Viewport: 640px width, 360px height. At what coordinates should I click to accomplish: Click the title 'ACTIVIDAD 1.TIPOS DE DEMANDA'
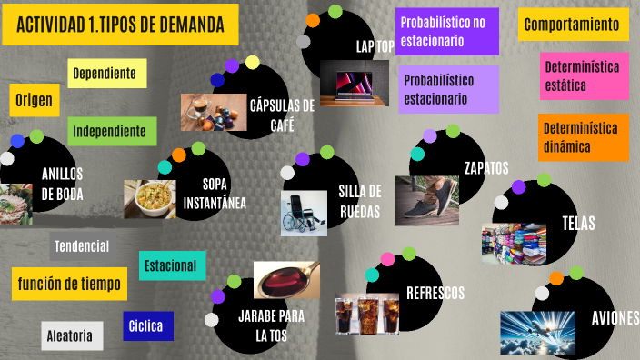tap(121, 25)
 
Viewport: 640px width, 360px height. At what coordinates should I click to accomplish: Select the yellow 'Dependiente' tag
tap(105, 73)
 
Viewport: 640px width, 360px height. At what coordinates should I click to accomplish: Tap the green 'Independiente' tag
tap(110, 132)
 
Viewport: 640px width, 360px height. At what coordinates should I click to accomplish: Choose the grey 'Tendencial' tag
tap(82, 246)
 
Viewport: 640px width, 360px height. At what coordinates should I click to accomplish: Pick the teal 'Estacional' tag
tap(171, 265)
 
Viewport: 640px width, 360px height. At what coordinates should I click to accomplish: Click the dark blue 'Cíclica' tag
tap(147, 325)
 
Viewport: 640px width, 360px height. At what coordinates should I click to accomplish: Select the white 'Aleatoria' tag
tap(69, 336)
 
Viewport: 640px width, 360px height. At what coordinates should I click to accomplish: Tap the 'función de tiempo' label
tap(69, 285)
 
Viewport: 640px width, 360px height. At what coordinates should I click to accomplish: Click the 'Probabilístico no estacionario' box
tap(446, 32)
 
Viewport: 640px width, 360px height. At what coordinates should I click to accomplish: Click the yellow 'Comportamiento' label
tap(573, 25)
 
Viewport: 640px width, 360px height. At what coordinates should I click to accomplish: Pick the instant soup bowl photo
tap(150, 199)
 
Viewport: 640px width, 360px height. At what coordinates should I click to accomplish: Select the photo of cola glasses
tap(367, 315)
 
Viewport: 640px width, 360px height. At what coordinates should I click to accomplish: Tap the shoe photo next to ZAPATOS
tap(426, 200)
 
